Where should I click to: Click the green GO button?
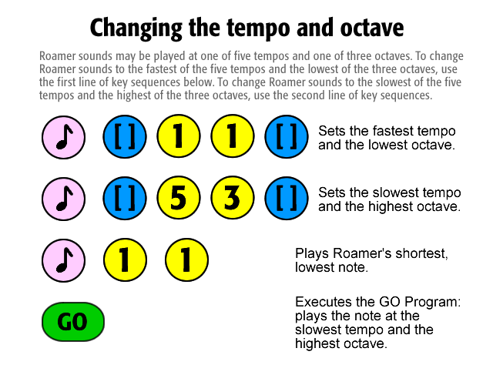73,322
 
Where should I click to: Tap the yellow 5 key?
179,198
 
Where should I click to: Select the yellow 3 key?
233,198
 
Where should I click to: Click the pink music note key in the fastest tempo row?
63,137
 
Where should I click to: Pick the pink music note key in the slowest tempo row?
63,199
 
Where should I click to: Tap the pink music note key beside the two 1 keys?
63,260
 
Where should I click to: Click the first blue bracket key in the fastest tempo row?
125,136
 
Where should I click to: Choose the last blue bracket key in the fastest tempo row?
287,136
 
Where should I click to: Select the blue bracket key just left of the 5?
125,198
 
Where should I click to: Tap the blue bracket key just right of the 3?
287,198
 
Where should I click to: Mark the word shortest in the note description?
418,253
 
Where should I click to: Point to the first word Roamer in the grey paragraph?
58,56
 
